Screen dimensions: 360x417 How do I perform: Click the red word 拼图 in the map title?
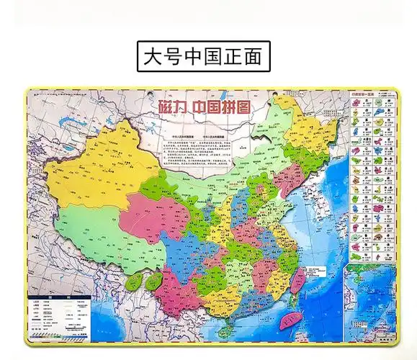tap(235, 105)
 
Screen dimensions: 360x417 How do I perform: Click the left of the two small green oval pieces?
tap(135, 283)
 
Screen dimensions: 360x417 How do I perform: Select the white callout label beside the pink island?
tap(311, 271)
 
